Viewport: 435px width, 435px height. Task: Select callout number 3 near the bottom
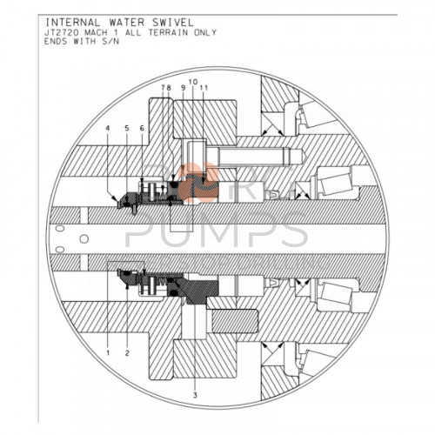coord(195,395)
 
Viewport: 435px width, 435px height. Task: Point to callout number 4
coord(107,129)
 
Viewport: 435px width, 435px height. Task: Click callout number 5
coord(126,129)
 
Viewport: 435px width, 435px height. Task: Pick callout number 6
coord(142,129)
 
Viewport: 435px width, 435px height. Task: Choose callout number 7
coord(164,89)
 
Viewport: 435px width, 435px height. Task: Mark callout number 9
coord(183,89)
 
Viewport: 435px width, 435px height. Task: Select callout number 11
coord(203,89)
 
